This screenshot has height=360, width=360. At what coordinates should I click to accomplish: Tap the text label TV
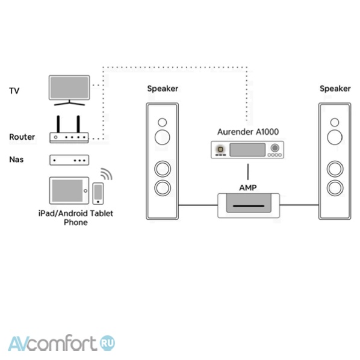click(14, 91)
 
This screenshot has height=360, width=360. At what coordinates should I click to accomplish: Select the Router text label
click(22, 137)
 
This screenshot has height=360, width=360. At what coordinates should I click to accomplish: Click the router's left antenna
click(58, 124)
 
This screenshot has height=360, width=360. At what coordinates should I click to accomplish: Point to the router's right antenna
click(78, 124)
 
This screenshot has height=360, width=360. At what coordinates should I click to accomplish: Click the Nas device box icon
click(69, 160)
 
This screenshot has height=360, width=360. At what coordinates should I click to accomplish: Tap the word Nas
click(16, 160)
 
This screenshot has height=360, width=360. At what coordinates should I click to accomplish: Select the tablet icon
click(69, 191)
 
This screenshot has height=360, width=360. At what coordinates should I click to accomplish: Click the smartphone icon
click(98, 193)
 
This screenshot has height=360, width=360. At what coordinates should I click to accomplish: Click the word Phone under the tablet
click(75, 223)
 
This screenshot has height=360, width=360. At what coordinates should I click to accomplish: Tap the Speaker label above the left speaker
click(163, 88)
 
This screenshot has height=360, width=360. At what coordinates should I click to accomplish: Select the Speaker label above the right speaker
click(335, 88)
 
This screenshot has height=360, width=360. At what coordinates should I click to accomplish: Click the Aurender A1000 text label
click(248, 132)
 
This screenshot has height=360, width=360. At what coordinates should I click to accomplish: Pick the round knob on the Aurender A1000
click(275, 148)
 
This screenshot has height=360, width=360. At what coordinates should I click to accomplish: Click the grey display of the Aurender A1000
click(247, 150)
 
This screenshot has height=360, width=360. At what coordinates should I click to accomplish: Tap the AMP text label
click(248, 188)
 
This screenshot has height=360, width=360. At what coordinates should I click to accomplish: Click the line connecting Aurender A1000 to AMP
click(248, 172)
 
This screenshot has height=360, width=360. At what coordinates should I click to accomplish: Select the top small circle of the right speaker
click(335, 122)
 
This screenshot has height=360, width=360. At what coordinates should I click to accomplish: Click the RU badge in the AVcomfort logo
click(107, 343)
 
